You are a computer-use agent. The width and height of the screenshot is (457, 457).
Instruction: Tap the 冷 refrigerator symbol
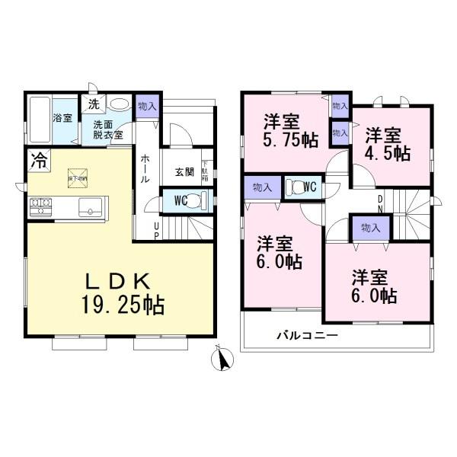tap(37, 160)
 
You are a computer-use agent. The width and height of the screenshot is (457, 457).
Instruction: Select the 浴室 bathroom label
tap(62, 119)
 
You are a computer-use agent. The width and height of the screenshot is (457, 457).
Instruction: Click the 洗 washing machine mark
tap(92, 104)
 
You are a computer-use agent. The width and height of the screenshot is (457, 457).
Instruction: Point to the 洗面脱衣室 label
tap(106, 128)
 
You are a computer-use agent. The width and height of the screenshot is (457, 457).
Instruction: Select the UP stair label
tap(157, 229)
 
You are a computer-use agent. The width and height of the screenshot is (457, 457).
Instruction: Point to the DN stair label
tap(380, 203)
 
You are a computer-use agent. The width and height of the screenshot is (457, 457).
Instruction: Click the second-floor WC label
tap(309, 185)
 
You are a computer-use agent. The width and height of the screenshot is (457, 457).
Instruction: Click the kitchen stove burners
tap(40, 206)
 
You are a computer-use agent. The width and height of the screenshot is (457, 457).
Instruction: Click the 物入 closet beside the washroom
tap(146, 107)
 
